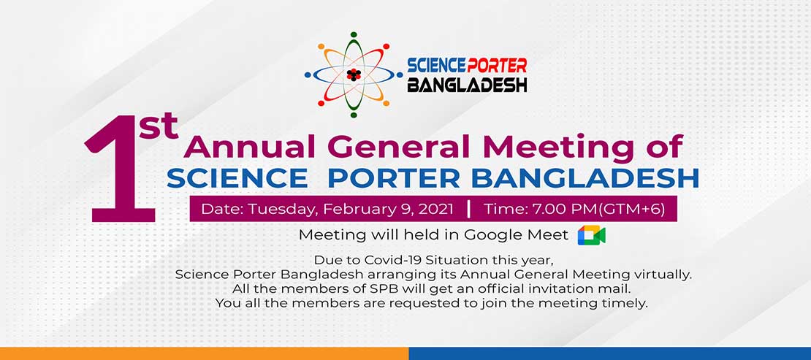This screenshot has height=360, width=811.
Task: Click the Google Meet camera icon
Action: click(592, 235)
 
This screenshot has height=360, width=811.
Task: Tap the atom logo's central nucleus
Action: click(354, 74)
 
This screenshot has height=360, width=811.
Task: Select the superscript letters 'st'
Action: click(158, 127)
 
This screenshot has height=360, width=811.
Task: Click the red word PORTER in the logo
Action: click(497, 66)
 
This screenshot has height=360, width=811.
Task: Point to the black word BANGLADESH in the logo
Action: click(467, 84)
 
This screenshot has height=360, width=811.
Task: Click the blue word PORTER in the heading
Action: click(394, 178)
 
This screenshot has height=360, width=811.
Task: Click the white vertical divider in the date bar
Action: click(468, 209)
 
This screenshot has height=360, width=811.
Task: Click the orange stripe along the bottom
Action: click(205, 353)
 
